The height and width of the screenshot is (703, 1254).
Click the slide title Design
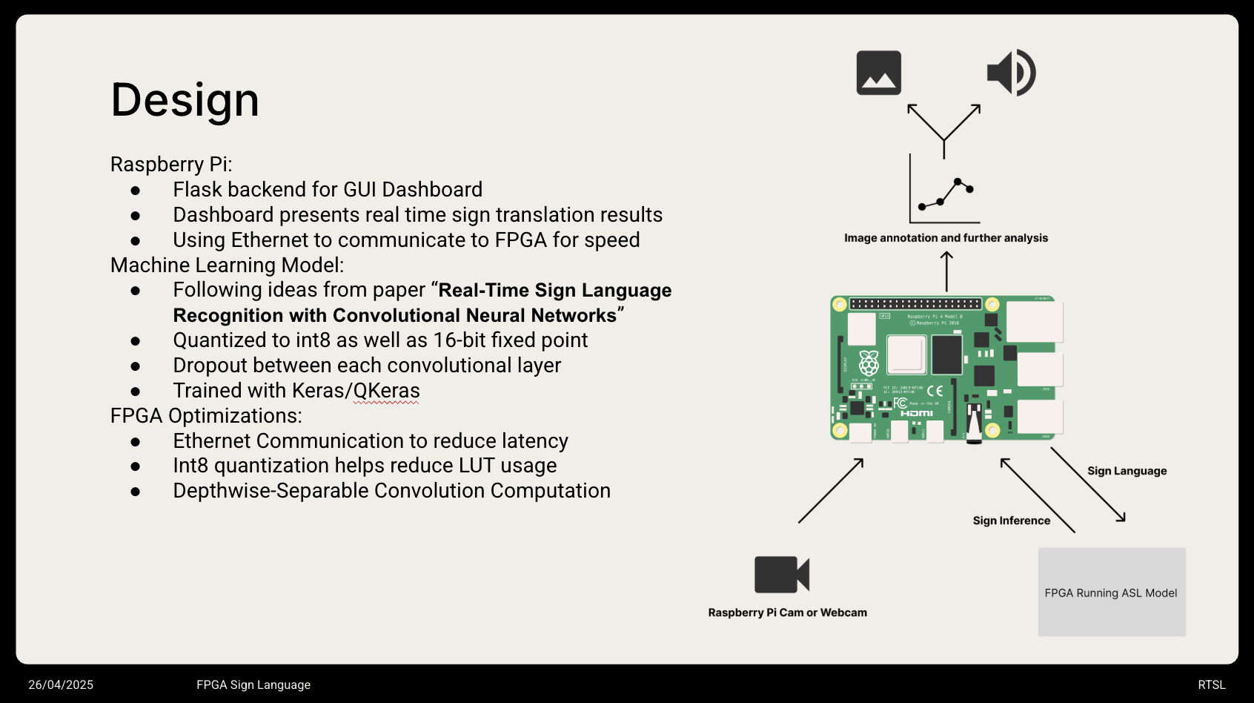click(x=185, y=100)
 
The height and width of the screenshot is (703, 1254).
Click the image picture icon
click(x=878, y=73)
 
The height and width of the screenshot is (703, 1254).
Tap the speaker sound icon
click(x=1011, y=73)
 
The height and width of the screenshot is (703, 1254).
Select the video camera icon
click(x=781, y=575)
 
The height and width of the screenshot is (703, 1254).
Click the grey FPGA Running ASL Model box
click(x=1111, y=593)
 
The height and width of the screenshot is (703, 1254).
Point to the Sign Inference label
click(x=1011, y=521)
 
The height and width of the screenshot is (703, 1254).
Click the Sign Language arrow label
click(x=1127, y=471)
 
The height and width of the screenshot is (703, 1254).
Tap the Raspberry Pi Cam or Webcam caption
click(x=787, y=613)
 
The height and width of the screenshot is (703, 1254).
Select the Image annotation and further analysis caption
click(x=946, y=238)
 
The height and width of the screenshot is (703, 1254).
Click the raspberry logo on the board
click(x=869, y=363)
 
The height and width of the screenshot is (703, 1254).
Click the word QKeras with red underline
click(x=386, y=391)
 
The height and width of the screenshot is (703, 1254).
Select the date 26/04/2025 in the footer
click(x=61, y=685)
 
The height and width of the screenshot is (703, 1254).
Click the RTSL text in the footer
click(x=1211, y=685)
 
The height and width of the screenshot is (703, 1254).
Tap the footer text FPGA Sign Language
click(x=253, y=685)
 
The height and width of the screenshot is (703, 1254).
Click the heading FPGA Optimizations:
click(x=206, y=416)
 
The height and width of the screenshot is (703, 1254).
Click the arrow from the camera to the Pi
click(x=831, y=491)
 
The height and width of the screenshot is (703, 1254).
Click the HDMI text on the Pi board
click(x=917, y=413)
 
